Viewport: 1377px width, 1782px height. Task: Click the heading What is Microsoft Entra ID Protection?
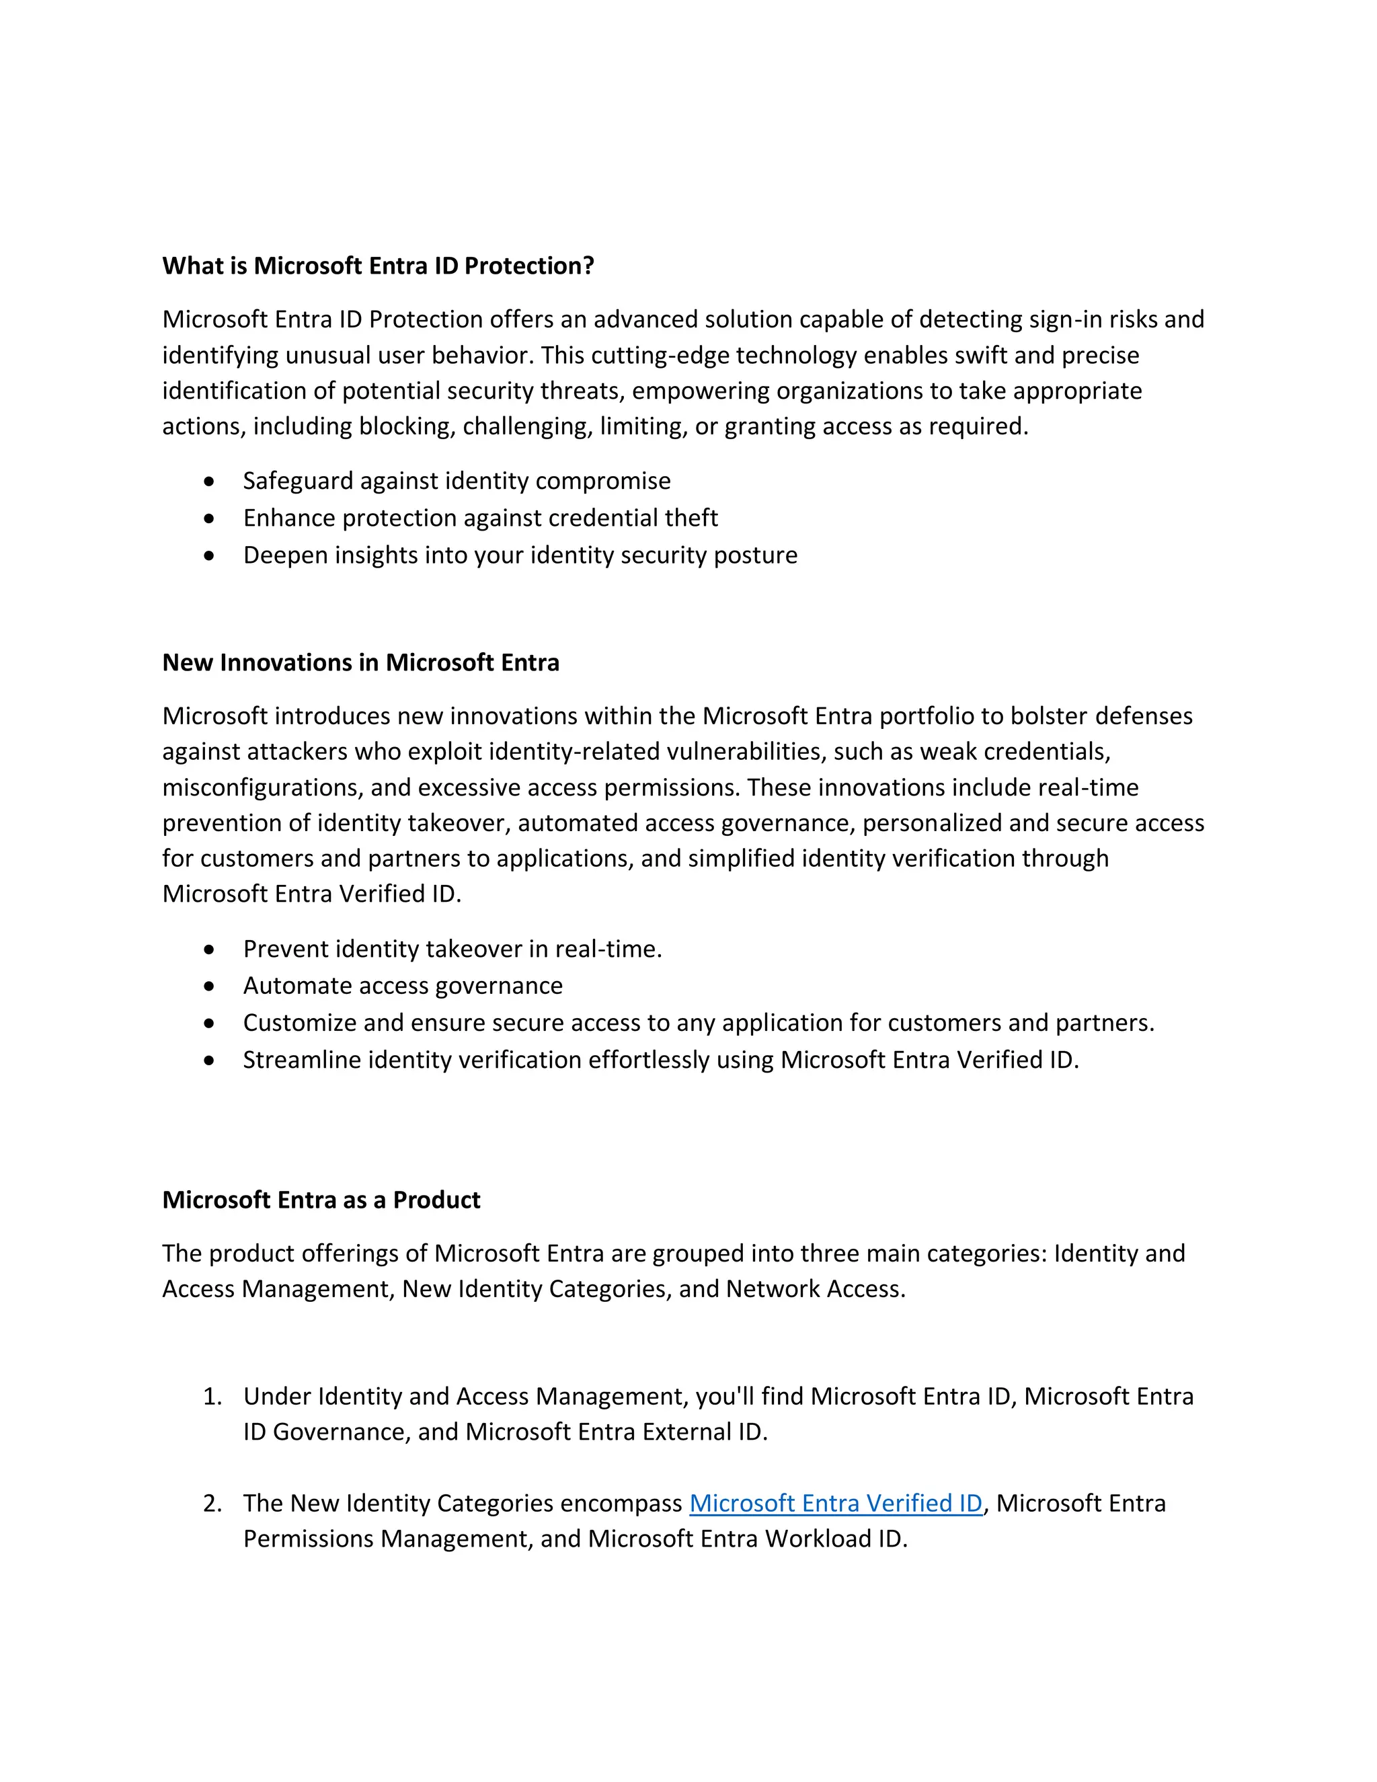pos(378,266)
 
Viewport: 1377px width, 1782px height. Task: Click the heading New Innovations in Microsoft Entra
pos(360,662)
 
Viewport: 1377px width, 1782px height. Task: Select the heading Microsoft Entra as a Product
pos(321,1200)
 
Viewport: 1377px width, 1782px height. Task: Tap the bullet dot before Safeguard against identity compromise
pos(210,482)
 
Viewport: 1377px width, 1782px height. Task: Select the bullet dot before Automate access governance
pos(210,986)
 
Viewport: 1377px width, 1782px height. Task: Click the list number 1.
pos(212,1396)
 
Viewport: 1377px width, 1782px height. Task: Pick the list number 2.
pos(212,1503)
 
